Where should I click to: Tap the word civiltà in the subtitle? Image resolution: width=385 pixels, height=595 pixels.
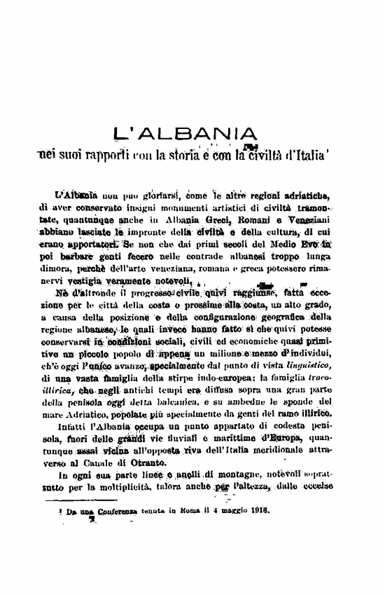[x=262, y=153]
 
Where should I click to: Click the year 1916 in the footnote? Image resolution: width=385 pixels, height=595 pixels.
[x=258, y=512]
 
